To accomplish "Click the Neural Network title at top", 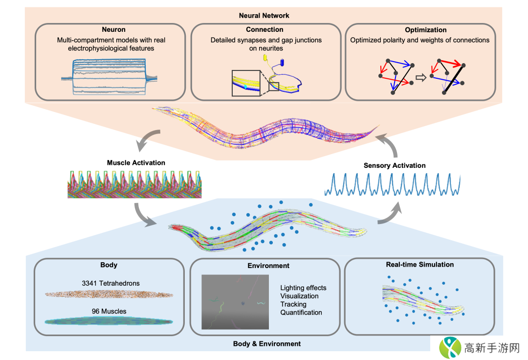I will pyautogui.click(x=264, y=16).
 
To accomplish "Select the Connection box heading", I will pyautogui.click(x=264, y=30).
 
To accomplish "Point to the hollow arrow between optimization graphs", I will pyautogui.click(x=420, y=77).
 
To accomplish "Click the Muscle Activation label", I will pyautogui.click(x=136, y=162).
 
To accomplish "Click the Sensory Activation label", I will pyautogui.click(x=395, y=165).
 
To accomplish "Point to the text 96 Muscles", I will pyautogui.click(x=109, y=311).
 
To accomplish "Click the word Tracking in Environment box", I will pyautogui.click(x=293, y=304).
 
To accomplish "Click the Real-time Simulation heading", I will pyautogui.click(x=419, y=265).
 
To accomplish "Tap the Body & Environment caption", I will pyautogui.click(x=267, y=344).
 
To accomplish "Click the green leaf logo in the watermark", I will pyautogui.click(x=450, y=348).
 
